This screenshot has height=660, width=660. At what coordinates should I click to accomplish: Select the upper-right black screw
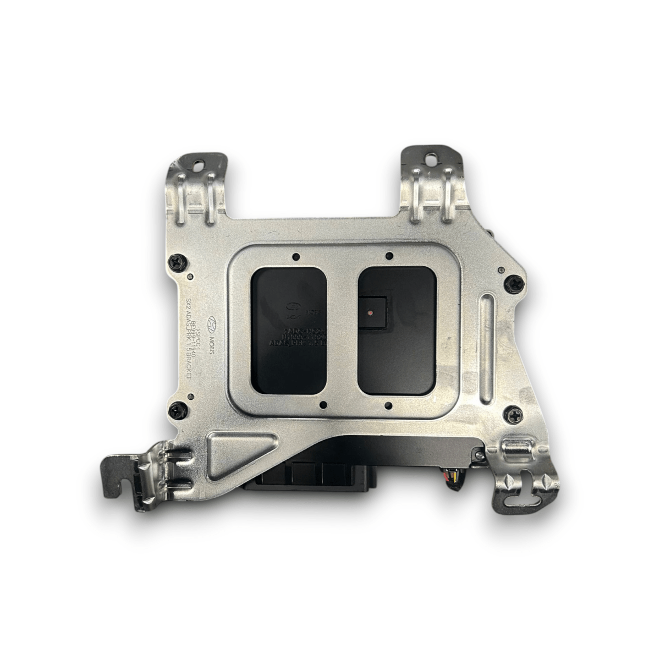point(513,283)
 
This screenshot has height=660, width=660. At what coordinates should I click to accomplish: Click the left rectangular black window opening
point(289,329)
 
